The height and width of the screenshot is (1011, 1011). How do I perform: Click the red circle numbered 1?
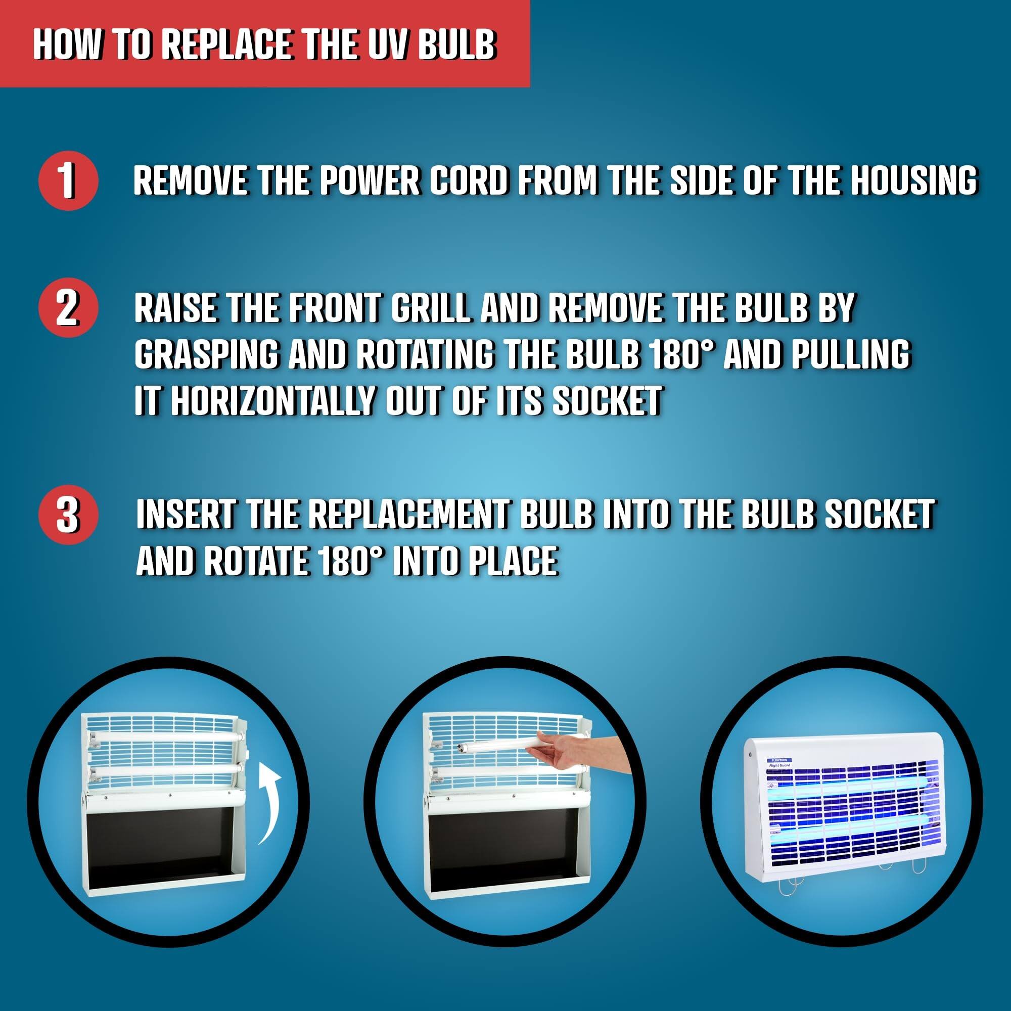[68, 180]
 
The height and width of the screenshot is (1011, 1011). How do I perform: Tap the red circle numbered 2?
[68, 308]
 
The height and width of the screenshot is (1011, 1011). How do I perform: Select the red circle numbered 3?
[68, 516]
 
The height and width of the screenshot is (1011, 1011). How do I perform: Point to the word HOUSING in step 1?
[913, 180]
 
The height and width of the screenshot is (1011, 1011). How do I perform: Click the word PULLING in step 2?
[851, 354]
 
